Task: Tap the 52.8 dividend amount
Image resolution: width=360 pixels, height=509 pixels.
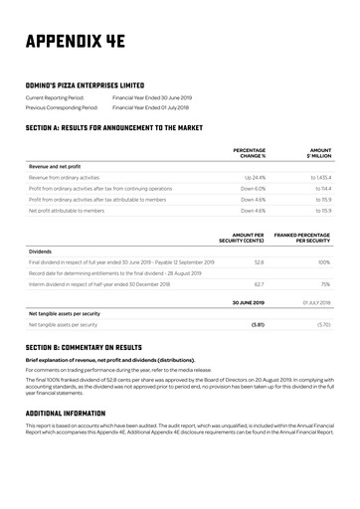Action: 259,262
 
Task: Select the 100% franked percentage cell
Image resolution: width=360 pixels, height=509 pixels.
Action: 323,262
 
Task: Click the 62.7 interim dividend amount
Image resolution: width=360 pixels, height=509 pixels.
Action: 259,284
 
